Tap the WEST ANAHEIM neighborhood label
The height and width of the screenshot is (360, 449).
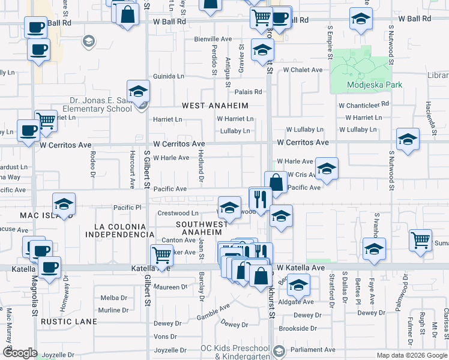(x=215, y=106)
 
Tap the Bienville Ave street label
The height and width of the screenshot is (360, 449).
(x=212, y=39)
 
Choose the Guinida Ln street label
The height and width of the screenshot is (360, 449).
(x=169, y=77)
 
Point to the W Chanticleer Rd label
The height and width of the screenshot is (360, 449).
(x=364, y=104)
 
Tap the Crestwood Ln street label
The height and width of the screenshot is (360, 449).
(x=178, y=213)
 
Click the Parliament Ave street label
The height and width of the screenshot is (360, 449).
(x=313, y=349)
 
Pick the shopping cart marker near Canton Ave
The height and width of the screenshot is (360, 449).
(x=162, y=254)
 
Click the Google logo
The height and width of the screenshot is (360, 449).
(x=20, y=353)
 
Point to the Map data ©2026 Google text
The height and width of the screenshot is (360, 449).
(x=411, y=355)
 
